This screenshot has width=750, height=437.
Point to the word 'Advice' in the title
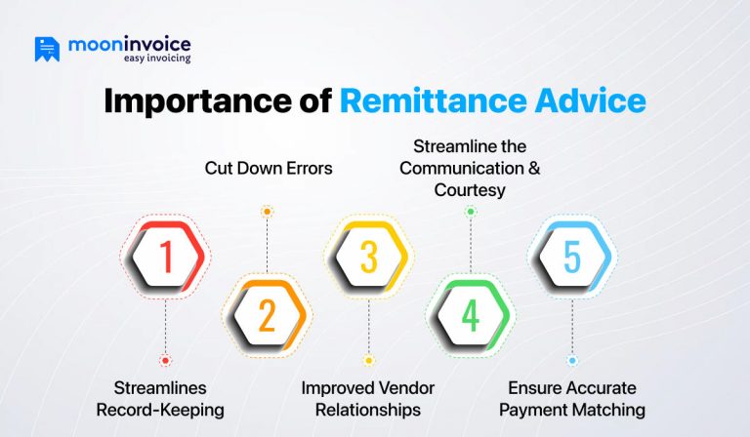click(x=596, y=101)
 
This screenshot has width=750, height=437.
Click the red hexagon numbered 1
click(x=165, y=258)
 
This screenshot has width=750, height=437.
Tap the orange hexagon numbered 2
click(x=267, y=314)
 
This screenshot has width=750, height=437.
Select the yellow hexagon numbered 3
click(x=368, y=258)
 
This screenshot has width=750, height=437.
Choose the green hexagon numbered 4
click(x=470, y=314)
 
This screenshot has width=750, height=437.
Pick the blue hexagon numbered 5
click(x=571, y=258)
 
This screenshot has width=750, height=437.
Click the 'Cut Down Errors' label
click(x=269, y=168)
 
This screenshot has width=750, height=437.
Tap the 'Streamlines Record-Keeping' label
click(x=160, y=399)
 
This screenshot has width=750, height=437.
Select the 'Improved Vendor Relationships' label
click(x=367, y=399)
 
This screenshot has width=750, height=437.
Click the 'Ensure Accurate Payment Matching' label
click(x=572, y=399)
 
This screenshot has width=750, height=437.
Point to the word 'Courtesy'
click(x=470, y=190)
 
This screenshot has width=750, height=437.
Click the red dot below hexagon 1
click(x=165, y=360)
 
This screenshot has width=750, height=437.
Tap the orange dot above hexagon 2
click(x=267, y=211)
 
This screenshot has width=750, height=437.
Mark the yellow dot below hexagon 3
click(x=368, y=360)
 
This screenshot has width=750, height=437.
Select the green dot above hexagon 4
click(x=470, y=211)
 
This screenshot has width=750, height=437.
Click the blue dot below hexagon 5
click(x=571, y=360)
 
